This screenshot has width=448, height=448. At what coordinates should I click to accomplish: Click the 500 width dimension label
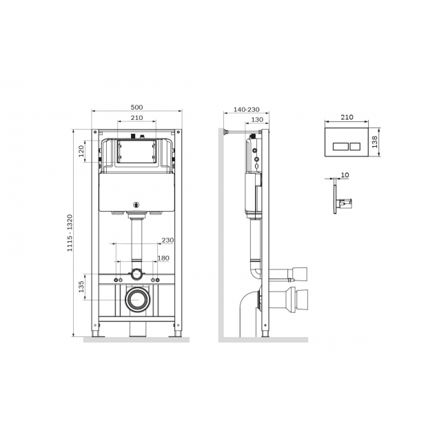pos(136,107)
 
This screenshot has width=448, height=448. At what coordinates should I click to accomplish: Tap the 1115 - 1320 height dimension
pos(70,233)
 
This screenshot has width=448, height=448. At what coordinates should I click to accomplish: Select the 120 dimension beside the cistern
pos(81,151)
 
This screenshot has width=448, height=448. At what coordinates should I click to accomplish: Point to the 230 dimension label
pos(167,241)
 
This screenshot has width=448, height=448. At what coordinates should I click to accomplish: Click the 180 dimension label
pos(163,258)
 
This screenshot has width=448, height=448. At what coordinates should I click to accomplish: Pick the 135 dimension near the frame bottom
pos(81,287)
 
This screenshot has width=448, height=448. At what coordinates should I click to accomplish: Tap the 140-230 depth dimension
pos(247,110)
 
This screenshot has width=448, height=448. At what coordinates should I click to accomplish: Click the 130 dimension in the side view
pos(257,120)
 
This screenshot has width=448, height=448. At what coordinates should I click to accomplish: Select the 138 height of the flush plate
pos(375,142)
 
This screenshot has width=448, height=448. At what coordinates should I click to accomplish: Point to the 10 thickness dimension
pos(345,175)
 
